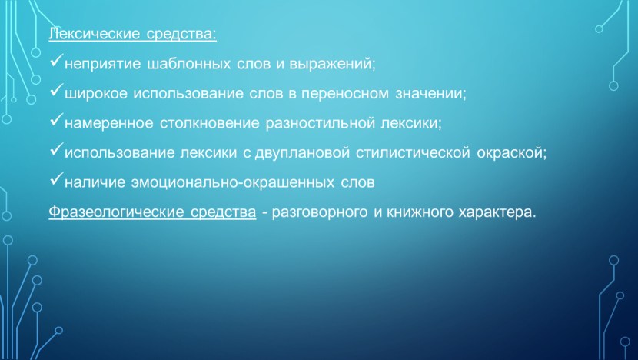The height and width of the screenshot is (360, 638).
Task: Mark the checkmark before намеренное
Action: pos(56,122)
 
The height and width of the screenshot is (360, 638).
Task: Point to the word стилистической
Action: pos(413,153)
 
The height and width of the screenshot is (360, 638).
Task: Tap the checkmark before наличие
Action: pos(56,181)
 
